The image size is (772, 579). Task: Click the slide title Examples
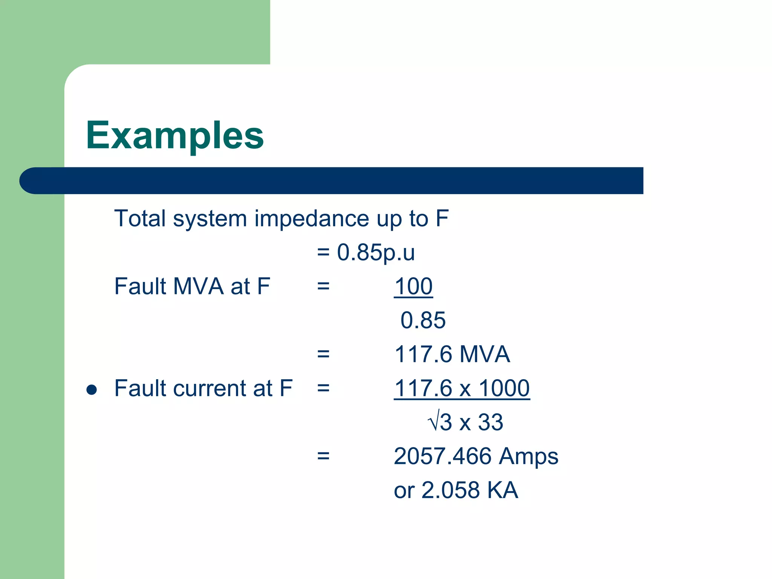[x=175, y=135]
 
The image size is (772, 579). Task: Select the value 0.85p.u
[x=375, y=252]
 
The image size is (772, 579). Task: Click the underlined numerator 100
[x=413, y=286]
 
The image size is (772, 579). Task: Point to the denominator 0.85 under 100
[x=423, y=320]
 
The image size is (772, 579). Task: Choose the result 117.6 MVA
[x=452, y=354]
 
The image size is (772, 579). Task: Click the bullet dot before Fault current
[x=92, y=389]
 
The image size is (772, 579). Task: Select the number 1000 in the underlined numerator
[x=504, y=388]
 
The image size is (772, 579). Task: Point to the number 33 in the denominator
[x=490, y=422]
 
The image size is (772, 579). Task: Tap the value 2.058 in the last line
[x=450, y=490]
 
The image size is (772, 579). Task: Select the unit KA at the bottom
[x=502, y=490]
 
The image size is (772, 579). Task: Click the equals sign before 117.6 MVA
[x=323, y=354]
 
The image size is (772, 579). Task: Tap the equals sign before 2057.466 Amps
[x=323, y=456]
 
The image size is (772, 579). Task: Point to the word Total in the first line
[x=140, y=219]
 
